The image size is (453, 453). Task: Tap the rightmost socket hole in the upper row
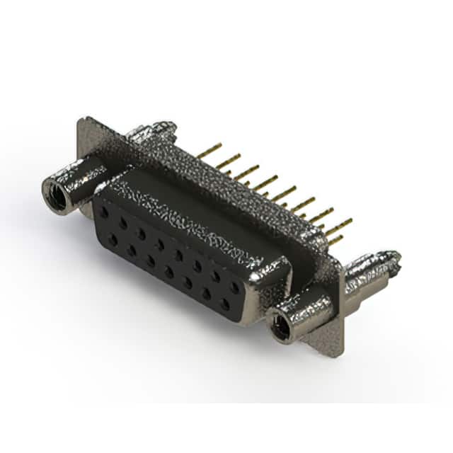coord(234,287)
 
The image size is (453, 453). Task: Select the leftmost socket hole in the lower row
coord(113,239)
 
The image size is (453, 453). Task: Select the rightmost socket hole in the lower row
coord(225,304)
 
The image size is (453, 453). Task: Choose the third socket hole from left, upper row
coord(141,233)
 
